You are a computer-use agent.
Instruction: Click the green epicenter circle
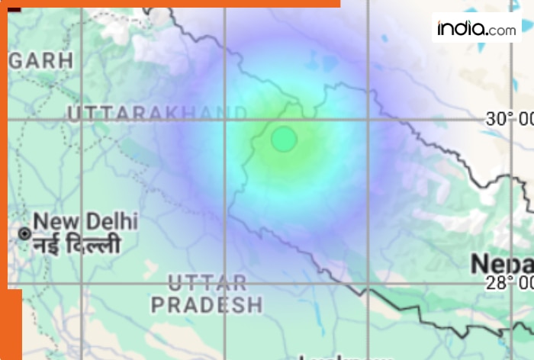pyautogui.click(x=284, y=140)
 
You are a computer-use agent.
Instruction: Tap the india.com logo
pyautogui.click(x=476, y=28)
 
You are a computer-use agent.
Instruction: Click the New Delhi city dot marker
pyautogui.click(x=25, y=233)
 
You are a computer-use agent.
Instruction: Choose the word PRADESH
pyautogui.click(x=207, y=306)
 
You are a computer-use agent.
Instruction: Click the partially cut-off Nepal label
pyautogui.click(x=501, y=264)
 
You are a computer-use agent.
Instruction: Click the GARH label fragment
pyautogui.click(x=41, y=60)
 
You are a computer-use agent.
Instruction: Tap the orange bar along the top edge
pyautogui.click(x=175, y=3)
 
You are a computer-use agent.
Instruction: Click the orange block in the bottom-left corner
pyautogui.click(x=11, y=324)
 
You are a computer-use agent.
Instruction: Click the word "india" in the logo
pyautogui.click(x=462, y=28)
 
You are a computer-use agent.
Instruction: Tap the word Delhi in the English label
pyautogui.click(x=111, y=222)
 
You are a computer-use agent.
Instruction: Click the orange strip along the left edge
pyautogui.click(x=3, y=153)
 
